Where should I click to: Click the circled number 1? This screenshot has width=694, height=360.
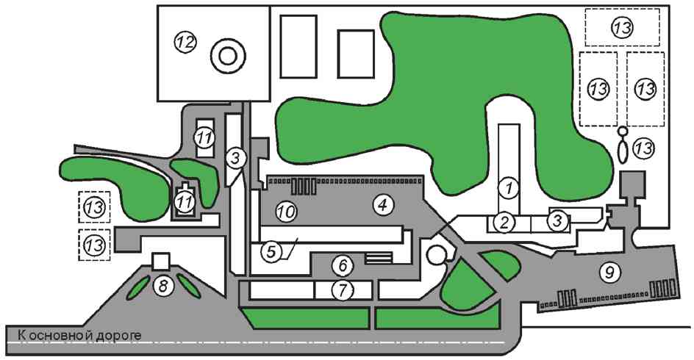[507, 187]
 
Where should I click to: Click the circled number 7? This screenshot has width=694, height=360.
[340, 289]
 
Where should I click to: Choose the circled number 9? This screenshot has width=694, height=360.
[608, 272]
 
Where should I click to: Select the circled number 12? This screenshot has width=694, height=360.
[185, 42]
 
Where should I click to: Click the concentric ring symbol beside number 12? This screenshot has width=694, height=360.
[226, 55]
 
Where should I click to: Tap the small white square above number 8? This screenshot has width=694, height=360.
[161, 261]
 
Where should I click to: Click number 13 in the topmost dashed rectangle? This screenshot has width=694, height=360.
[623, 28]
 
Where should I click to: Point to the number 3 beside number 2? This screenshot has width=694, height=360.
[558, 219]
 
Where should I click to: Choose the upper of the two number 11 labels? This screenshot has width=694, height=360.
[203, 137]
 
